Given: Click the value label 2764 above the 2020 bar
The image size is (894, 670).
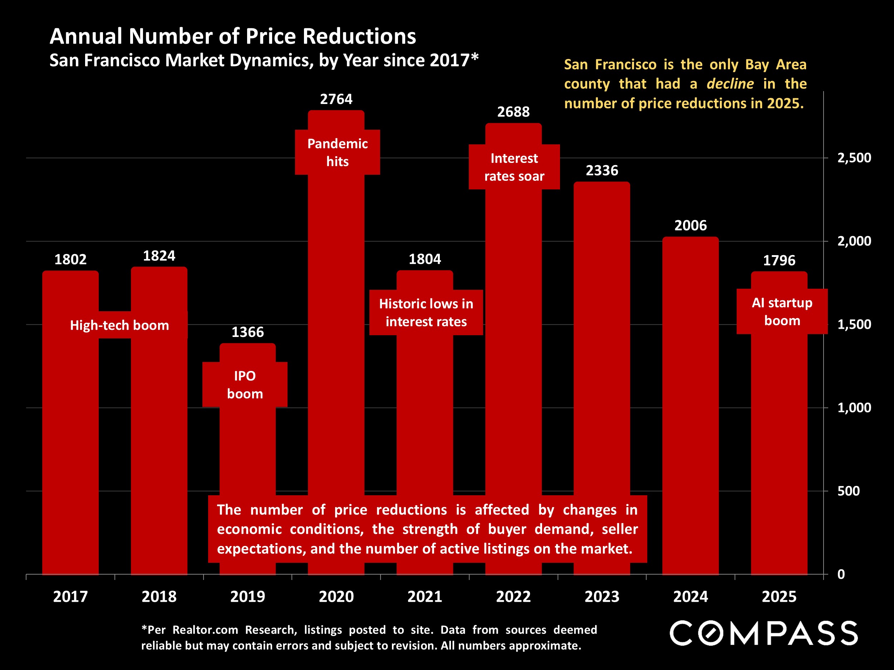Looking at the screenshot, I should (x=336, y=99).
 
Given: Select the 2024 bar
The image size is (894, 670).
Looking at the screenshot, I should (x=690, y=404).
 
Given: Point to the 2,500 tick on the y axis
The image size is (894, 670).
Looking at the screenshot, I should (x=854, y=158).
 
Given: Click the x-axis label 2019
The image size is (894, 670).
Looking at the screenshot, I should (x=247, y=596).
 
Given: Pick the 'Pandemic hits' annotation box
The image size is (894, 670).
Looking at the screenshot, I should (x=337, y=152).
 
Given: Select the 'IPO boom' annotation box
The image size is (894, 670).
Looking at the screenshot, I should (x=245, y=384).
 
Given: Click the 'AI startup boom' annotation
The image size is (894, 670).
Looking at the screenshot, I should (x=782, y=311).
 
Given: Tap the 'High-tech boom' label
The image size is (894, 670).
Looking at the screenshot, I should (x=119, y=325).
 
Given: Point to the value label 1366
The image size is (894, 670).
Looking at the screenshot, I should (x=247, y=332).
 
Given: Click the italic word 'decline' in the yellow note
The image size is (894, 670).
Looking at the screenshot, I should (x=730, y=84).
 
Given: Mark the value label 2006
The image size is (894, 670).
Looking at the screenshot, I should (x=690, y=225).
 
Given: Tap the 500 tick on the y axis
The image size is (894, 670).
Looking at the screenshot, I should (x=848, y=491).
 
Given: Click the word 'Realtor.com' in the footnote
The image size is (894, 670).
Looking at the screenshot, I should (x=205, y=630).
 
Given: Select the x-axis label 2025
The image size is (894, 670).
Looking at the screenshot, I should (x=778, y=596).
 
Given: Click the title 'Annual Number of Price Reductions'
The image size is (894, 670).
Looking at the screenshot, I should (x=232, y=36).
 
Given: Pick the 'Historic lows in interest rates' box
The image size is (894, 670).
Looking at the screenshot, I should (x=426, y=312).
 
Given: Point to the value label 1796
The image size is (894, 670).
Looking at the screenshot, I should (x=778, y=260).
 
